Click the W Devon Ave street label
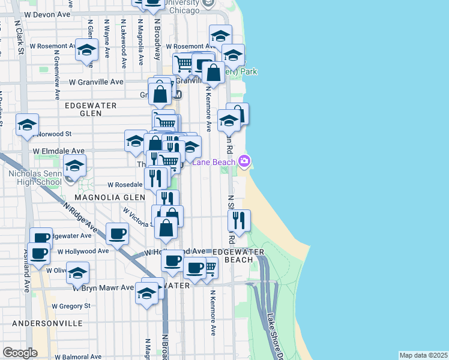point(50,13)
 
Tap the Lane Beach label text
point(214,161)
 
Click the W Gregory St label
point(71,306)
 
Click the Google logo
point(20,353)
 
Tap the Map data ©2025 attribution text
point(423,355)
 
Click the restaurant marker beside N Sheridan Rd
point(239,221)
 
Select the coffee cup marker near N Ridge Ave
point(118,233)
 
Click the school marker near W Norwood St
point(28,125)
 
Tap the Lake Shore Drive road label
point(275,336)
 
